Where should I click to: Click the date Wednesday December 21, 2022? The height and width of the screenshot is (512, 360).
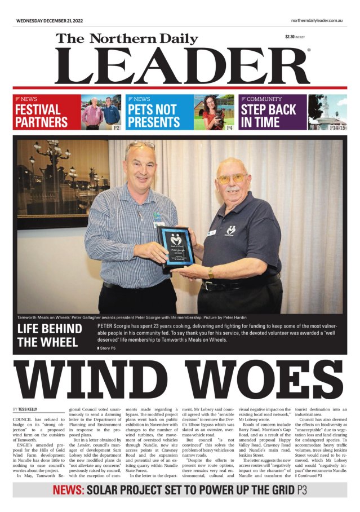click(50, 20)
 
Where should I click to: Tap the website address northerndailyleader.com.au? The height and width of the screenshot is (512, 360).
click(317, 20)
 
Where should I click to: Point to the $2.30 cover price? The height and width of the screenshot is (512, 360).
click(290, 37)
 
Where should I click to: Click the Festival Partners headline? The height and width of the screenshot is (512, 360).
click(41, 116)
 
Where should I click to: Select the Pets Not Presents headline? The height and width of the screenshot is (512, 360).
click(154, 116)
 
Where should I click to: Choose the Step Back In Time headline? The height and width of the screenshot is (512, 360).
click(270, 116)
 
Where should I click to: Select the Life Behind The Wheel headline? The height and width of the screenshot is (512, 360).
click(52, 335)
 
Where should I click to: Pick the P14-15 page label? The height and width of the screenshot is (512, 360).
click(337, 128)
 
